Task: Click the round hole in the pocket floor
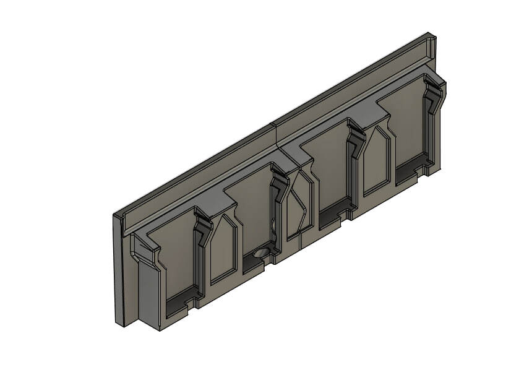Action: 261,252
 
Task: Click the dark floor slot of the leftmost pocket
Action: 181,303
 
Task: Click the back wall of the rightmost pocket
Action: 402,124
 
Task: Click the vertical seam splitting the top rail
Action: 273,133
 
